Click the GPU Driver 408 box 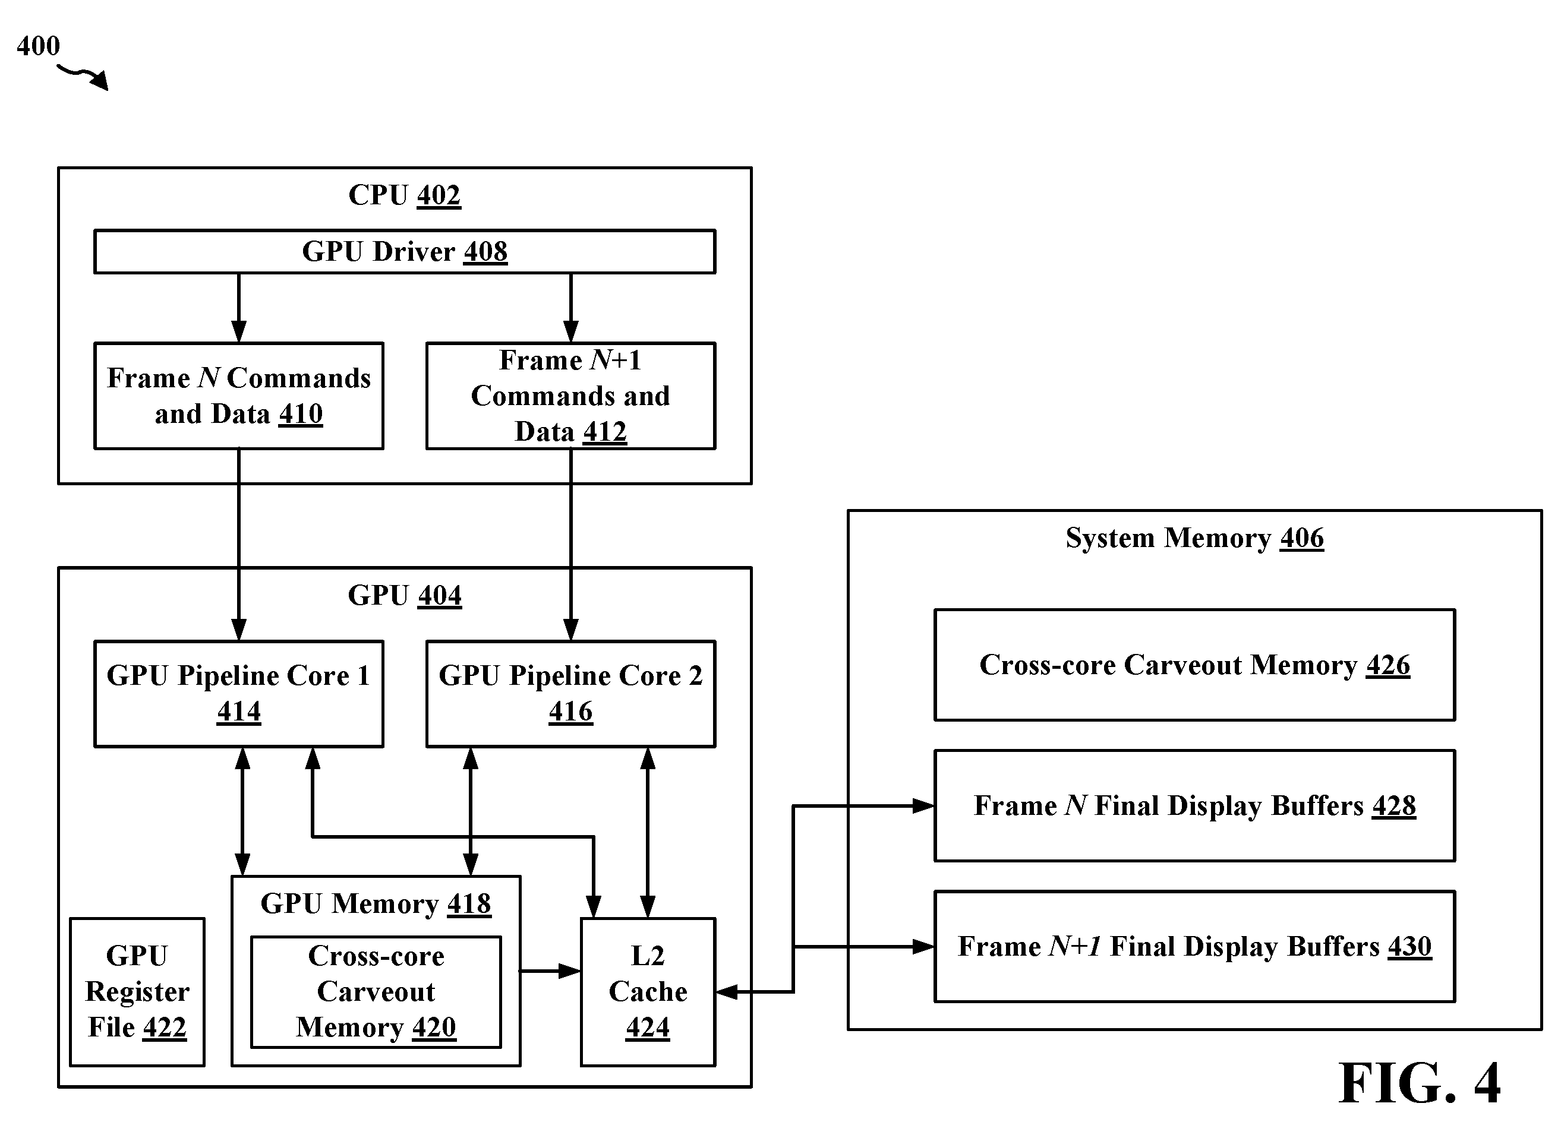pos(405,251)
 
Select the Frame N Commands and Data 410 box pos(238,396)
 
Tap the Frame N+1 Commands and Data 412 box pos(570,396)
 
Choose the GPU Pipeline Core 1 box pos(238,694)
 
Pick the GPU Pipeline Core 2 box pos(570,694)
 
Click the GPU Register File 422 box pos(137,992)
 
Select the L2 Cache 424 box pos(648,992)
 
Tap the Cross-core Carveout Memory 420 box pos(376,992)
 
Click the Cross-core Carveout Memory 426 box pos(1194,665)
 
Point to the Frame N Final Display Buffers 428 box pos(1194,805)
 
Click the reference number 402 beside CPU pos(439,195)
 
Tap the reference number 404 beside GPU pos(439,596)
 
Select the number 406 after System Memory pos(1302,538)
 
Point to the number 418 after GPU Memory pos(469,904)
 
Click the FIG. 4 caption pos(1419,1083)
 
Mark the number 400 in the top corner pos(39,46)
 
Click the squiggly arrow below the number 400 pos(83,77)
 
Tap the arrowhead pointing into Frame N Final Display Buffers pos(923,805)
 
